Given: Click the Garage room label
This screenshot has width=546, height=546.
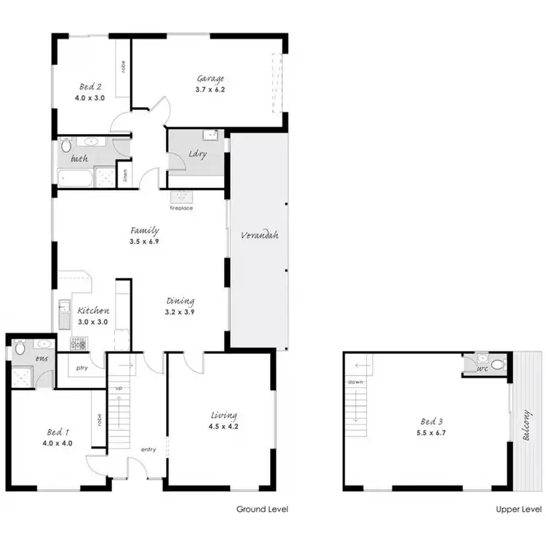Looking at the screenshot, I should (210, 79).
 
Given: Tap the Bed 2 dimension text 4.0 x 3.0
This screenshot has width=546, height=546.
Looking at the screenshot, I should (90, 97).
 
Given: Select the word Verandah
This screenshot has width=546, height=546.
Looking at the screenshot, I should (261, 235).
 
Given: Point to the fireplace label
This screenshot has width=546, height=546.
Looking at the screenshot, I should (181, 208).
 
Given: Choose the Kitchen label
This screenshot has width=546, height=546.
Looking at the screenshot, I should (93, 311).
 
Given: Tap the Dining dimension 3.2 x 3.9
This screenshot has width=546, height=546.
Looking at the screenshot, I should (179, 311).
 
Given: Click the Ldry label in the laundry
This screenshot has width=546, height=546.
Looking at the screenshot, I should (197, 154).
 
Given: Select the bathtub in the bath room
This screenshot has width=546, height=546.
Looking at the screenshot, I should (76, 177).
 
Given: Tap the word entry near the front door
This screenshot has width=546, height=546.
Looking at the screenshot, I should (149, 449).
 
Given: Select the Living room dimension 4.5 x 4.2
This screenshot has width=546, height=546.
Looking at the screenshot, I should (221, 428).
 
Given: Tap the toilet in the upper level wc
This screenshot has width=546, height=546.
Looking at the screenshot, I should (497, 362).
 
